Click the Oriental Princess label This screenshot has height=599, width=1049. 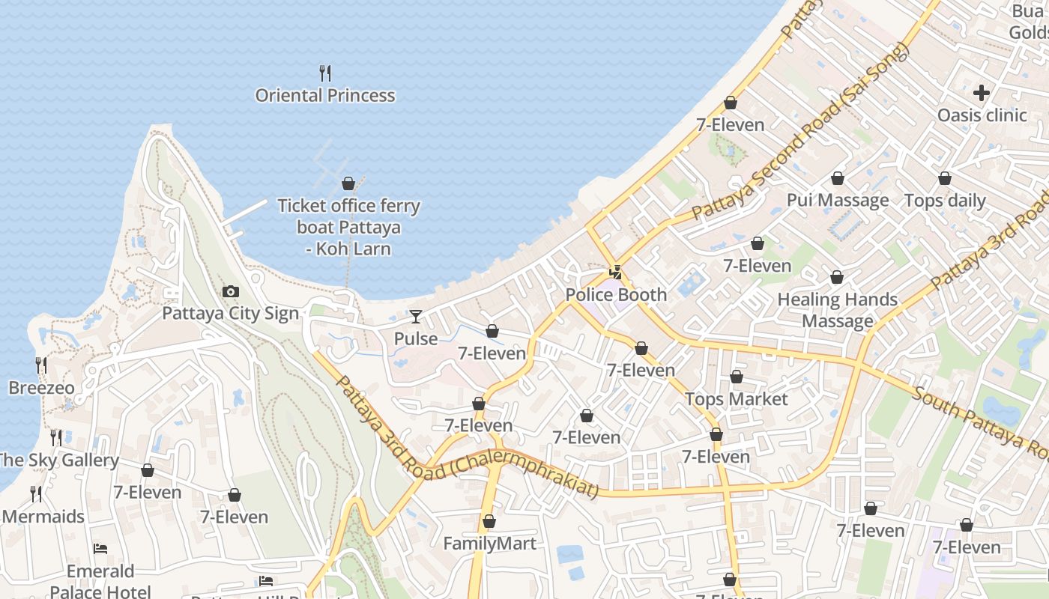325,95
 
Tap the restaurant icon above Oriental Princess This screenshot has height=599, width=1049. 325,73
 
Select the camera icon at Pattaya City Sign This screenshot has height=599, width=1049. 231,291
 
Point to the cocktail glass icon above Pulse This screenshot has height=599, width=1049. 416,317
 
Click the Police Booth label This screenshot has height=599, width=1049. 616,294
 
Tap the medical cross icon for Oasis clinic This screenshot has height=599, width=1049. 982,93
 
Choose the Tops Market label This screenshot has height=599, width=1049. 737,399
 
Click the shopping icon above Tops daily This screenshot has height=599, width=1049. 945,178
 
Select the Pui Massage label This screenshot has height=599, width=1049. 838,200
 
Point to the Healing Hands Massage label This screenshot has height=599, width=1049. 838,310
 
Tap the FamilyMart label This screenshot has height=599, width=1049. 489,544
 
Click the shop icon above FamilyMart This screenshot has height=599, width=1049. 489,521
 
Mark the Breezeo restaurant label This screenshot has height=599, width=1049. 41,388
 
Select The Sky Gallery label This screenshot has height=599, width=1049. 58,460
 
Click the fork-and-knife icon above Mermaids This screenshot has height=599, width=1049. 35,494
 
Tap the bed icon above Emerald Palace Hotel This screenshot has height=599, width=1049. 100,549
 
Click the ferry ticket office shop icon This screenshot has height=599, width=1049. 348,183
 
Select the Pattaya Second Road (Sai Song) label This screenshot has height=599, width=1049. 800,131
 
